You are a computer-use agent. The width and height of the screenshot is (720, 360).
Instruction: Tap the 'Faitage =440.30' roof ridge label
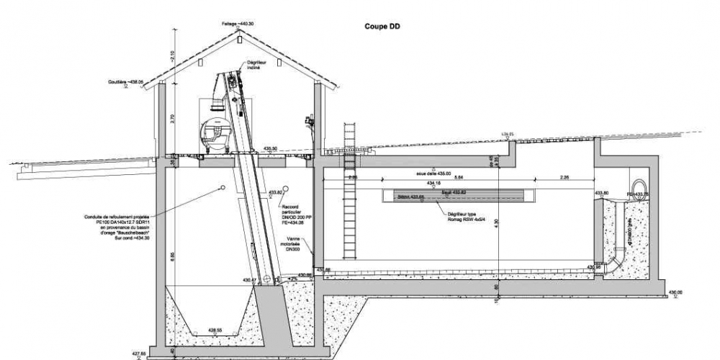(238, 24)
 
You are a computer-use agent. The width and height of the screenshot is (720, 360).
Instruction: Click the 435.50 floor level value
(271, 148)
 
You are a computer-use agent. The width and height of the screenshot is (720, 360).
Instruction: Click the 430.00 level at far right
(675, 292)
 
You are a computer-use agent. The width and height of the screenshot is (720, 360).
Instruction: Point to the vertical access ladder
(351, 194)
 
